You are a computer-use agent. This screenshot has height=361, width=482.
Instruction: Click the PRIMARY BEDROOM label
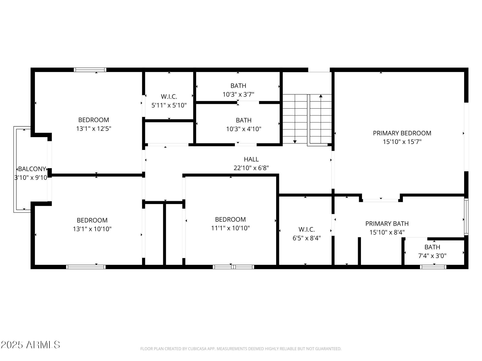click(x=402, y=133)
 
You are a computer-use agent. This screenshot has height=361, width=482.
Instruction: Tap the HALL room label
click(x=251, y=159)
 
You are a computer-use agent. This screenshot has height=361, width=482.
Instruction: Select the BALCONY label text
click(x=32, y=169)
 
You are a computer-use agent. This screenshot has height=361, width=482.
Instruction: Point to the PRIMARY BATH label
click(x=387, y=224)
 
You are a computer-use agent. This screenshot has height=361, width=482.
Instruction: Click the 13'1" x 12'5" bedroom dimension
click(x=94, y=129)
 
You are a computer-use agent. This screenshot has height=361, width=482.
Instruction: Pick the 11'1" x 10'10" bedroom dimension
click(x=230, y=228)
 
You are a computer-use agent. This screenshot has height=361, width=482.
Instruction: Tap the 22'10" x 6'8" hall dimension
click(x=251, y=168)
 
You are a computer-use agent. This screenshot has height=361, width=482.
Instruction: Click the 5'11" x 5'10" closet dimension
click(x=169, y=105)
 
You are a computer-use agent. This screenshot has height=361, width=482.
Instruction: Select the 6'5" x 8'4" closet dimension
click(x=307, y=238)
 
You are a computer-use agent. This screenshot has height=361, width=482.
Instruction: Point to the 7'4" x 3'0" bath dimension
click(x=432, y=256)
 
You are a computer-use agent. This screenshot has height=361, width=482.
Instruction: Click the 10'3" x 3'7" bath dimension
click(x=238, y=95)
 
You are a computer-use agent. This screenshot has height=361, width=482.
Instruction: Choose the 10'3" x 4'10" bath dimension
click(x=244, y=129)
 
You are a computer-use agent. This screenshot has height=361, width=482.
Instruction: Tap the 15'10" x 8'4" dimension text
click(x=387, y=232)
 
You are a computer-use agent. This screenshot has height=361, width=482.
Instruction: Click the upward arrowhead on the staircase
click(x=321, y=96)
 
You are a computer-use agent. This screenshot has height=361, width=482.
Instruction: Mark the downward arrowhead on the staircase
click(x=295, y=142)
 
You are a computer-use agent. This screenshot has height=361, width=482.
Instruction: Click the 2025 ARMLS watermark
click(x=30, y=345)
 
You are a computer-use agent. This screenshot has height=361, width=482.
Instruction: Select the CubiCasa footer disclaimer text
click(x=241, y=349)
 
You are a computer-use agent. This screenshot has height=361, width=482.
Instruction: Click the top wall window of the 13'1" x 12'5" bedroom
click(x=90, y=70)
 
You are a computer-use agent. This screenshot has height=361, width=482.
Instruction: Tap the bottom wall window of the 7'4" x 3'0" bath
click(x=433, y=267)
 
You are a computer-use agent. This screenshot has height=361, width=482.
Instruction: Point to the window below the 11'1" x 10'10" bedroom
click(x=233, y=267)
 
